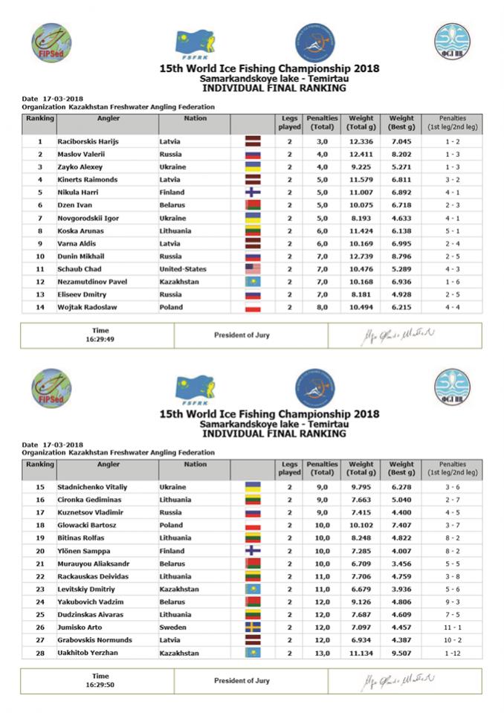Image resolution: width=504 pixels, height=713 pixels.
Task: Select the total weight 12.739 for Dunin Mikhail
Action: click(x=361, y=256)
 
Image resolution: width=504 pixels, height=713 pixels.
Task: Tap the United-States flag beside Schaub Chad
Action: click(x=253, y=269)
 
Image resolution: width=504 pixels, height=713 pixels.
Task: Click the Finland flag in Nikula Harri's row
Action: click(x=253, y=192)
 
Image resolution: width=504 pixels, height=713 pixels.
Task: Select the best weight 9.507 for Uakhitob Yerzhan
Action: click(x=401, y=652)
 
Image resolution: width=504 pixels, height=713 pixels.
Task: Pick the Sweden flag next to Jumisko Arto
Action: click(x=253, y=627)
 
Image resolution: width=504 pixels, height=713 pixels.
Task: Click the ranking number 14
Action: click(x=39, y=307)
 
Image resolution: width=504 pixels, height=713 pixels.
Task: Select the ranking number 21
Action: click(x=39, y=563)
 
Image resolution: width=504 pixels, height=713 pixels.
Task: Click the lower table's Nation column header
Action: click(x=196, y=465)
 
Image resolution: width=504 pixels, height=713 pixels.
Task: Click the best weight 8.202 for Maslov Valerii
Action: click(x=401, y=154)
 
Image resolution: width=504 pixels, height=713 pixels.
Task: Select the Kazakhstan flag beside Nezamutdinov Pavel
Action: click(x=253, y=282)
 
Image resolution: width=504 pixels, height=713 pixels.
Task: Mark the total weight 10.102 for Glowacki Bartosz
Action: click(x=361, y=525)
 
